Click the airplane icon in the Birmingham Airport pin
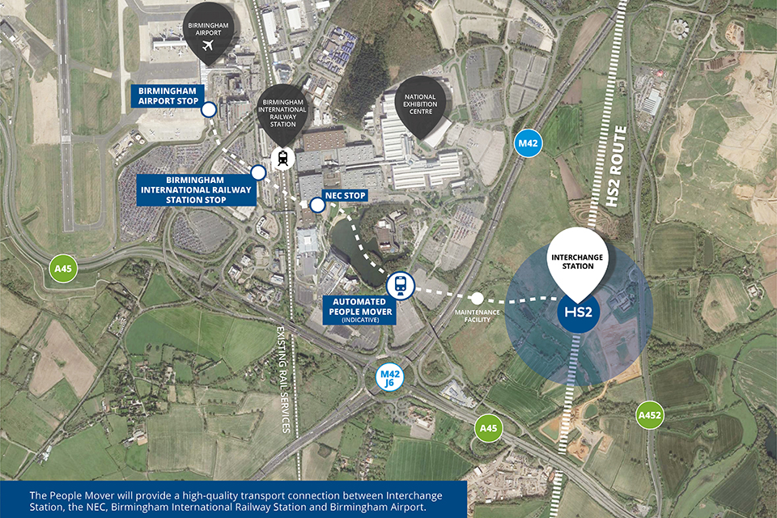pos(209,45)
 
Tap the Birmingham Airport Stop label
pos(168,96)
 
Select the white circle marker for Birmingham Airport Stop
pos(209,109)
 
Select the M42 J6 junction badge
pos(393,378)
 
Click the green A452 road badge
pos(650,413)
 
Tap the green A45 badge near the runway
pos(62,268)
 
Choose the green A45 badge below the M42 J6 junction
pos(486,427)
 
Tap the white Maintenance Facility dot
pos(477,299)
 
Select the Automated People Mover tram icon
pos(400,284)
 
